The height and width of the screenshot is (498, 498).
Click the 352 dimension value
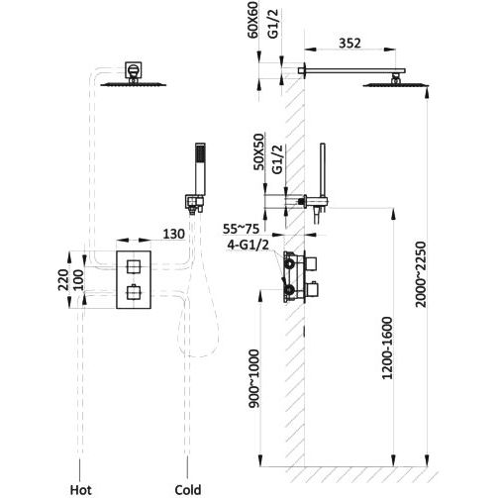pyautogui.click(x=349, y=44)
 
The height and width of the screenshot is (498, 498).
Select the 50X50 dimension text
pyautogui.click(x=258, y=151)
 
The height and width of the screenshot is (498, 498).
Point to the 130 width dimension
pyautogui.click(x=173, y=234)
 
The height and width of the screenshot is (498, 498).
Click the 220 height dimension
pyautogui.click(x=63, y=280)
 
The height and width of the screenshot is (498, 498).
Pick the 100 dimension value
pyautogui.click(x=78, y=280)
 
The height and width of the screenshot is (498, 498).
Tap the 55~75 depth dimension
pyautogui.click(x=241, y=229)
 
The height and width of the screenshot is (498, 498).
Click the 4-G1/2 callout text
pyautogui.click(x=248, y=245)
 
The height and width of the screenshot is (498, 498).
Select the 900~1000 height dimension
pyautogui.click(x=254, y=378)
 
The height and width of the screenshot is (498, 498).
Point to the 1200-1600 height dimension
pyautogui.click(x=387, y=348)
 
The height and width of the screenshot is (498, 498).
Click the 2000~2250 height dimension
pyautogui.click(x=421, y=274)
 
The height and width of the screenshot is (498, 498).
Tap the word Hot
pyautogui.click(x=80, y=490)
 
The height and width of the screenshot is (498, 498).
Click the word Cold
pyautogui.click(x=188, y=490)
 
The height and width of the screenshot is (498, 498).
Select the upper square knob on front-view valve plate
pyautogui.click(x=134, y=266)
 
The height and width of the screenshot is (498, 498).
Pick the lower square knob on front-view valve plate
pyautogui.click(x=134, y=292)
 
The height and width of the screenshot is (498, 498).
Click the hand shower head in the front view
pyautogui.click(x=200, y=168)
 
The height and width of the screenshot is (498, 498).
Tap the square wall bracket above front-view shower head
pyautogui.click(x=134, y=70)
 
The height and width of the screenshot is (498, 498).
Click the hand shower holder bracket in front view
pyautogui.click(x=195, y=202)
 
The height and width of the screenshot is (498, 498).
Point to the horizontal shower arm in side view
pyautogui.click(x=351, y=70)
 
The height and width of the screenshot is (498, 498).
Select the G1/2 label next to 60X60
pyautogui.click(x=273, y=24)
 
